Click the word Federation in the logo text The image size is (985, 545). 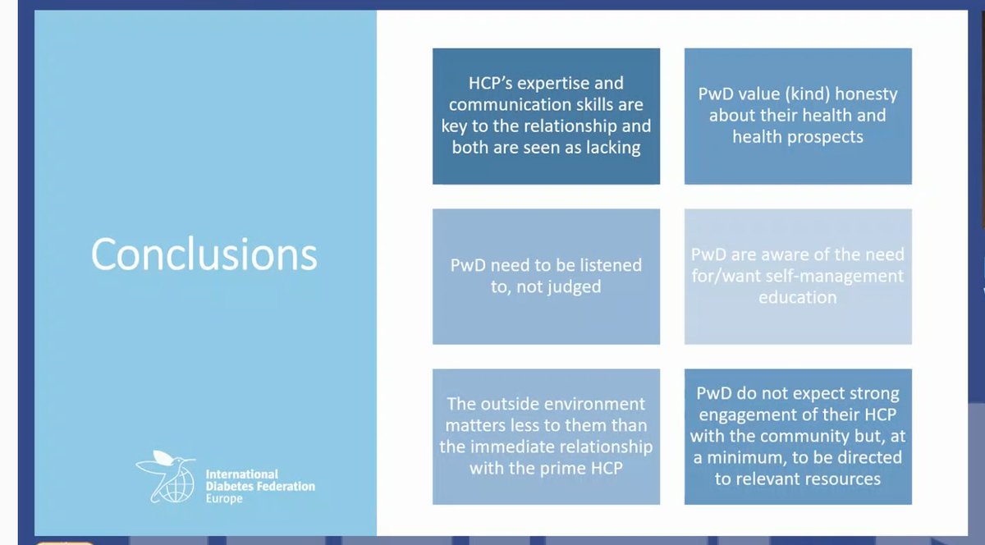[285, 487]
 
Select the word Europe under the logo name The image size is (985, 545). [224, 499]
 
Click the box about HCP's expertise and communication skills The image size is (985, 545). [546, 117]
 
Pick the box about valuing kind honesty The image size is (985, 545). [798, 117]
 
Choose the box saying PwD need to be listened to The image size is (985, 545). [546, 276]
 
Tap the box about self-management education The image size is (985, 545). [798, 276]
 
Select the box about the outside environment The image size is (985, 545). [546, 436]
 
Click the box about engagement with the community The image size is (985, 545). [798, 436]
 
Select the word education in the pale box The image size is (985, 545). [798, 297]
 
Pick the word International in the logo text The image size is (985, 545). [242, 474]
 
